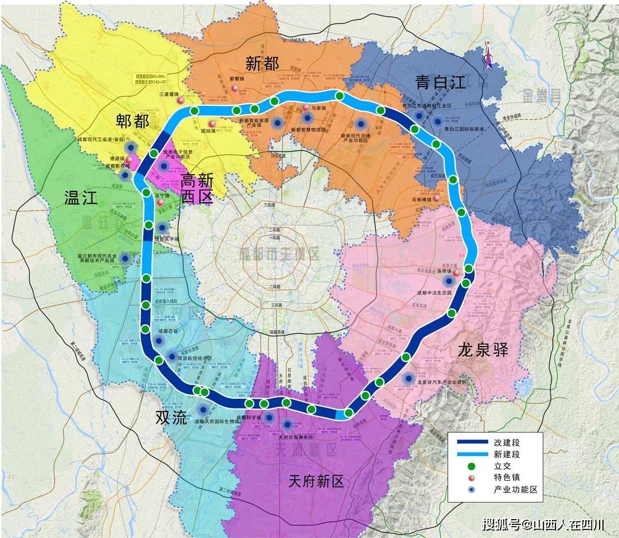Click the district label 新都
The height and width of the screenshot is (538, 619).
pos(262,63)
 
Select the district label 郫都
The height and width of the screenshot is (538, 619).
pos(132,121)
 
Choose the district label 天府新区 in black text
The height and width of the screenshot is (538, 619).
pos(316,481)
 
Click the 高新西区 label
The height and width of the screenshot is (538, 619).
pos(197,190)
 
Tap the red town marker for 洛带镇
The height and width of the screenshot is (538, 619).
pos(456,273)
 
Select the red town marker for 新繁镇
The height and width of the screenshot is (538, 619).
pos(235,88)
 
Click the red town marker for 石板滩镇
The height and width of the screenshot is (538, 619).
pos(437,199)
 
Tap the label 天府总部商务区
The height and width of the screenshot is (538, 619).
pos(296,437)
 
